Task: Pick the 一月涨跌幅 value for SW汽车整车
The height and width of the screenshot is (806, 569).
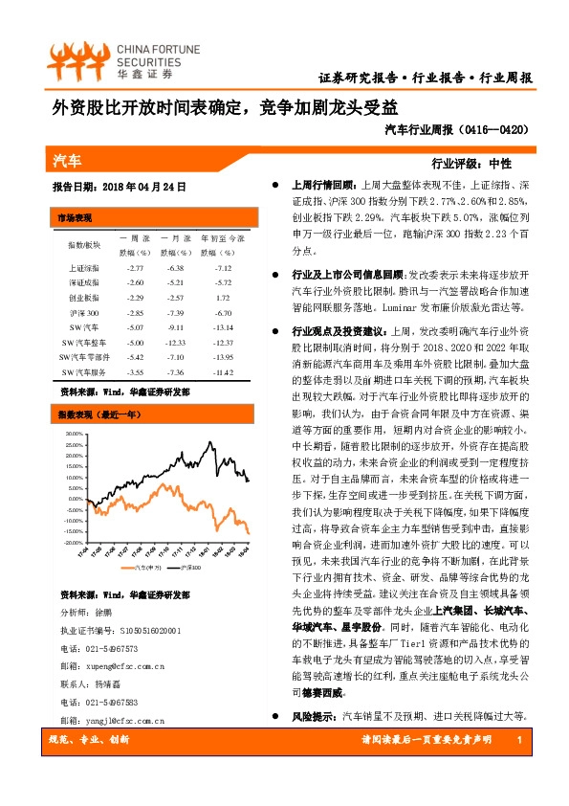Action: click(x=176, y=342)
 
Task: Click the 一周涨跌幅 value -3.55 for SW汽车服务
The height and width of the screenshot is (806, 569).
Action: click(x=134, y=371)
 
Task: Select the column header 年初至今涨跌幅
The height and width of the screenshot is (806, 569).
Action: click(x=223, y=245)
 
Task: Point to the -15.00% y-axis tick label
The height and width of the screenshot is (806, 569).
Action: click(x=71, y=532)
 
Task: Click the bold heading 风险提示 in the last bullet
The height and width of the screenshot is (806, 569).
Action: click(x=315, y=743)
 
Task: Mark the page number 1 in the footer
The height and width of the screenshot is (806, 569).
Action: click(x=516, y=768)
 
